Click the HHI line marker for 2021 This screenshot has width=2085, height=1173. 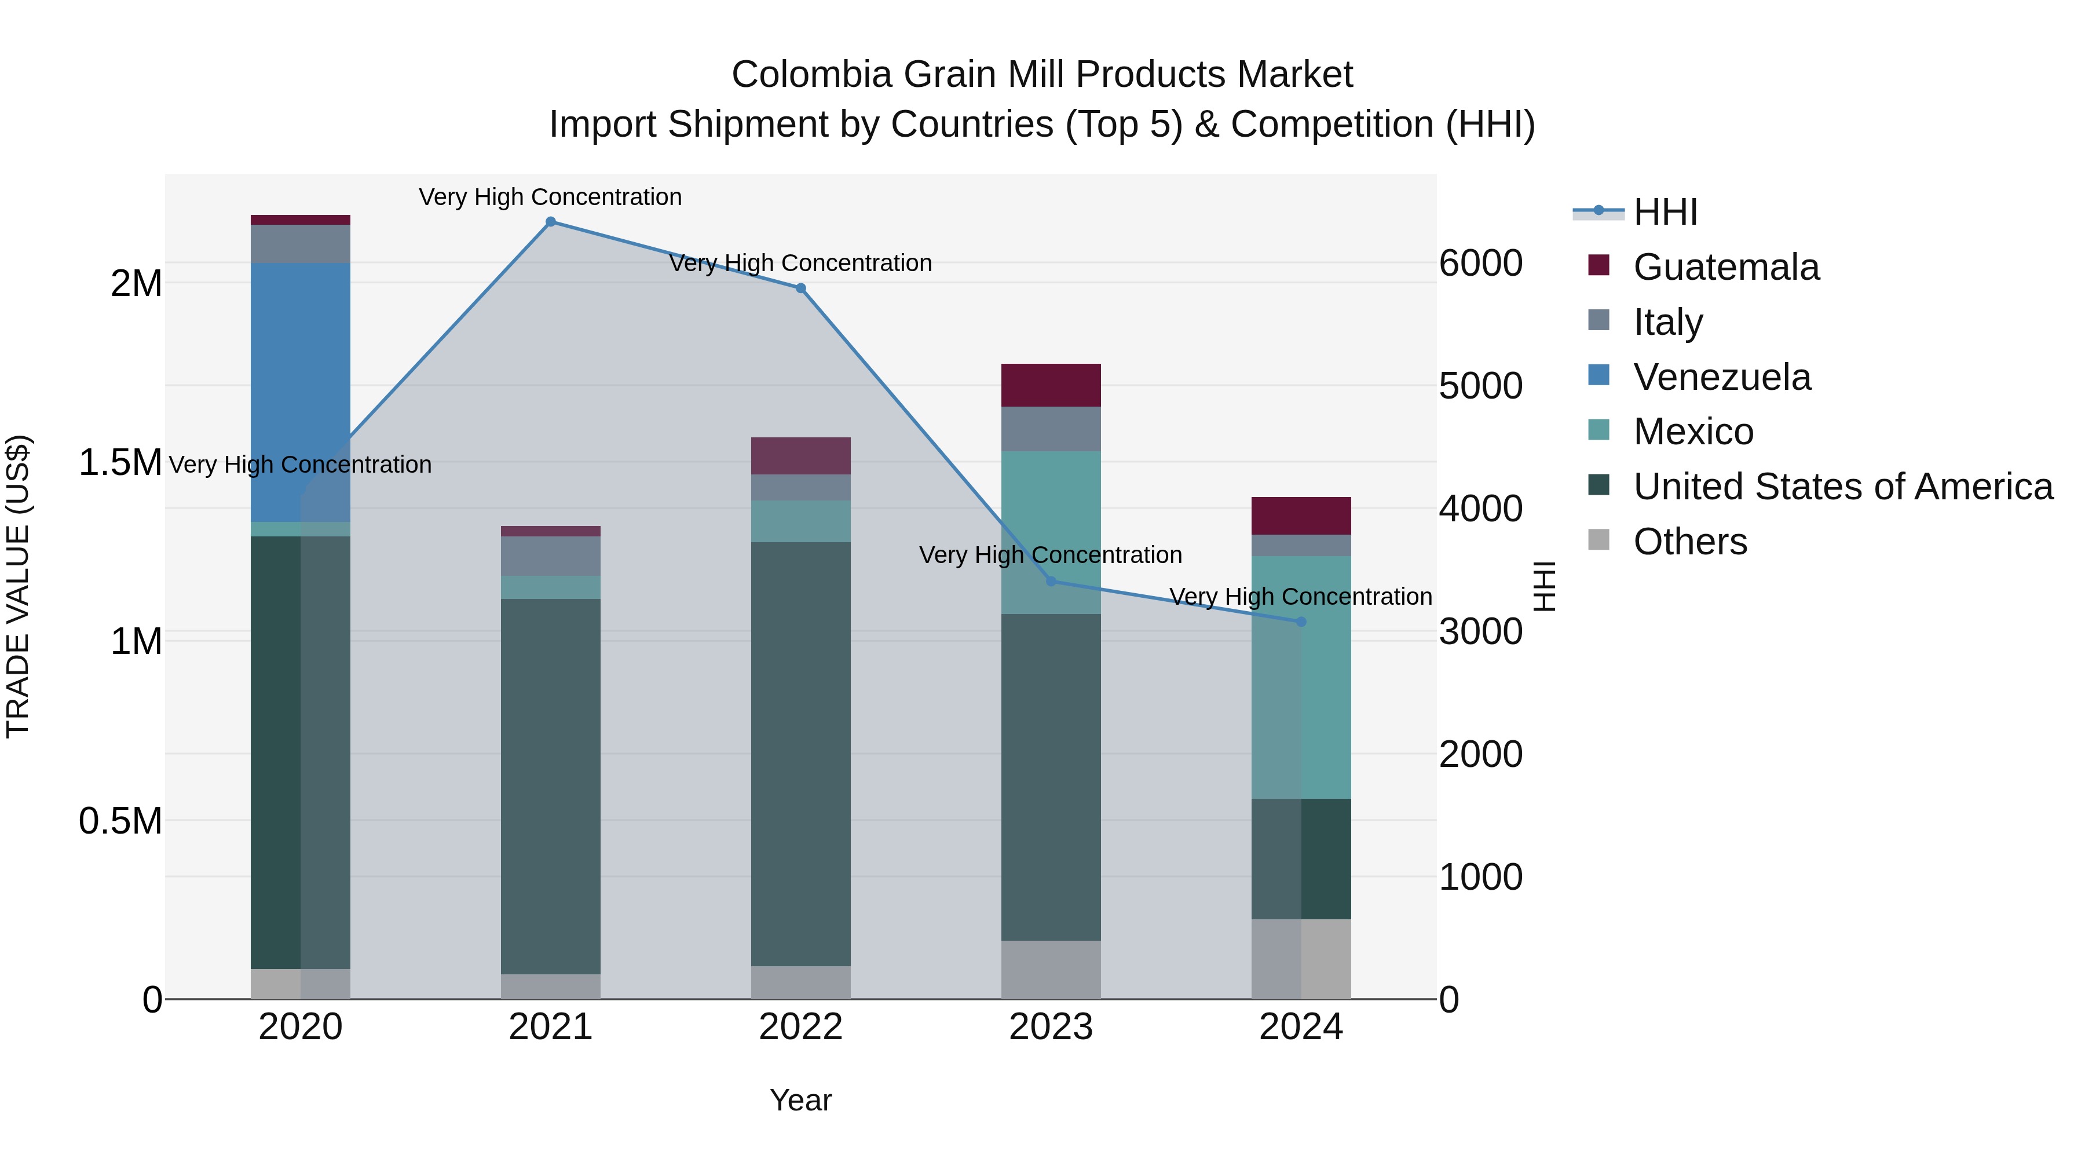[550, 222]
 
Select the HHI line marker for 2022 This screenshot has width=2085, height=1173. [800, 288]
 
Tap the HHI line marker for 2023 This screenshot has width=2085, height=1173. [1051, 581]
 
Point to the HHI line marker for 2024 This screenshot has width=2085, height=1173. [1301, 622]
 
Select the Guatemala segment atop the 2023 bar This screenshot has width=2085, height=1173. [1051, 385]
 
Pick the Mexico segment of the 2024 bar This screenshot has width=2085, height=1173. [1301, 678]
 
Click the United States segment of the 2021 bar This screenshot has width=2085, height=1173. [550, 785]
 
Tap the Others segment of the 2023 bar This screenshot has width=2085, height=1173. [1051, 969]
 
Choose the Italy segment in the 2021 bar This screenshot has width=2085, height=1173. [550, 556]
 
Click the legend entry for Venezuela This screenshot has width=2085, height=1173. [1722, 377]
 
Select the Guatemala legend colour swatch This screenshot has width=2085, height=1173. [1599, 265]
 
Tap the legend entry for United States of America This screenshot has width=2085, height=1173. [1842, 487]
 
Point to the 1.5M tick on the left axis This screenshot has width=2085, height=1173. [120, 463]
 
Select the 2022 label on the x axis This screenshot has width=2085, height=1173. [800, 1027]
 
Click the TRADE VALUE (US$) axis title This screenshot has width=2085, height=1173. [19, 586]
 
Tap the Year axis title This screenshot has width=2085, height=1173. [800, 1100]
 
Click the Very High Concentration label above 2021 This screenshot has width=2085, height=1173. [550, 197]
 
